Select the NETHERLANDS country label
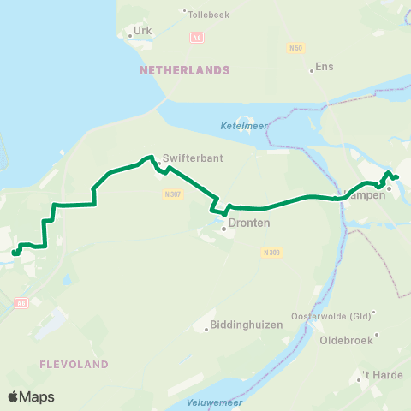(x=184, y=70)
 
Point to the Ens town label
(x=325, y=66)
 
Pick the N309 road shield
(x=271, y=252)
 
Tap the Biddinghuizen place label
(x=244, y=326)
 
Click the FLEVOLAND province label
(x=74, y=364)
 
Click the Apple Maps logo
(x=31, y=396)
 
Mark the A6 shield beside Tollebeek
(x=196, y=38)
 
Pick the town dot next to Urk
(x=129, y=36)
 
